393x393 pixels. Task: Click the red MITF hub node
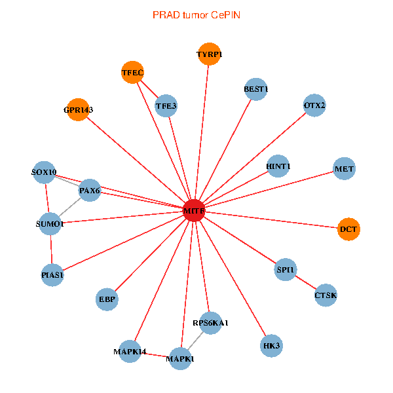[194, 211]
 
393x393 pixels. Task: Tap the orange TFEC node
[132, 72]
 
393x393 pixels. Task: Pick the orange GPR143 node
[78, 109]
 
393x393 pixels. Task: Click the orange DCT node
[348, 229]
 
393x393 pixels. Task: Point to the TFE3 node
[166, 105]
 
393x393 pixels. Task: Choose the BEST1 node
[256, 89]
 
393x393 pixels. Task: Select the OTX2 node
[314, 105]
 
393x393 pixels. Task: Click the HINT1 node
[278, 166]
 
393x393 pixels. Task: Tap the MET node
[344, 169]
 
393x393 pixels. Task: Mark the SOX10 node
[45, 173]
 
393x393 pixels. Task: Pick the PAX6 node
[89, 191]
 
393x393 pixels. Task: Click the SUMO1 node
[50, 224]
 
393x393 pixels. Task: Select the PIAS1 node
[52, 275]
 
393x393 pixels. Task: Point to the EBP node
[107, 299]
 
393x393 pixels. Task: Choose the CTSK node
[326, 295]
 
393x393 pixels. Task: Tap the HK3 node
[271, 345]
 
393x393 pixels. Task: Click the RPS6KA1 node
[210, 323]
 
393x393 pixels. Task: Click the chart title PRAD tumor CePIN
[196, 14]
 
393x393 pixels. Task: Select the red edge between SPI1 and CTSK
[306, 283]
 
